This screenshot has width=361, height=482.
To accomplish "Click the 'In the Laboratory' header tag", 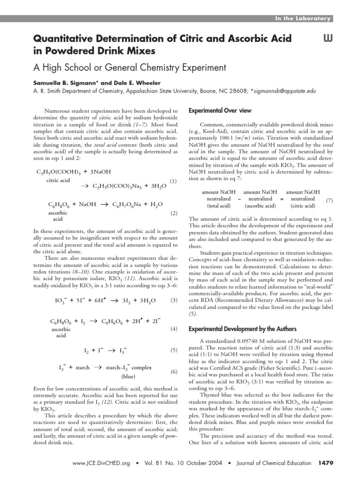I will [303, 18].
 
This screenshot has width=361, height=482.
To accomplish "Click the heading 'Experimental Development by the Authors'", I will [243, 329].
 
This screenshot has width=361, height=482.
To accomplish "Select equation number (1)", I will [173, 181].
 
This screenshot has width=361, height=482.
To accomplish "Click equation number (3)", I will [173, 300].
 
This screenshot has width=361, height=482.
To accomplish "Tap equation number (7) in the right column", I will [329, 201].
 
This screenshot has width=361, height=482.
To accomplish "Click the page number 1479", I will [325, 463].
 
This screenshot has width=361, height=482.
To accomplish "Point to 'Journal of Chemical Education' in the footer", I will [269, 463].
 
